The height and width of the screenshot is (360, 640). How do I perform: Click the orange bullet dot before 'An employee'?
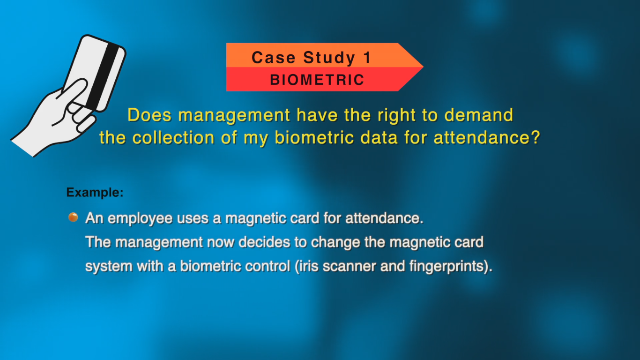click(73, 217)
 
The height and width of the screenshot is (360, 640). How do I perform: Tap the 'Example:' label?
click(95, 192)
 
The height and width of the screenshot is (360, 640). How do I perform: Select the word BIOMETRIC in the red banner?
click(317, 80)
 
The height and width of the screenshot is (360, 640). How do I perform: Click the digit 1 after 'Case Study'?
click(367, 58)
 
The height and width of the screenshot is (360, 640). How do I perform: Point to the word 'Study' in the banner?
click(329, 58)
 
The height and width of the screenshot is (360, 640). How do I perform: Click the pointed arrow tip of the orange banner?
click(423, 67)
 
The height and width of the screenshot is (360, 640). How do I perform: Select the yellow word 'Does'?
click(149, 115)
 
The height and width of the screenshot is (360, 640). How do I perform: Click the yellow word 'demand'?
click(479, 115)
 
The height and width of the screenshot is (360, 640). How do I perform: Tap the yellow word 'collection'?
click(173, 137)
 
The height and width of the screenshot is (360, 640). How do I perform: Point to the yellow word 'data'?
click(379, 137)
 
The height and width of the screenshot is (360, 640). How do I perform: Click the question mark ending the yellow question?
click(536, 137)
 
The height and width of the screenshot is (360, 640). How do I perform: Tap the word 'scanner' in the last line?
click(349, 266)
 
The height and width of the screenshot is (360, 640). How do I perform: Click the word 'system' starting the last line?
click(109, 267)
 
